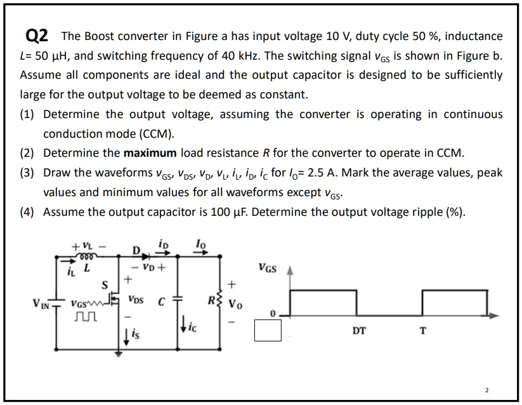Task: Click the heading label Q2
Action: pyautogui.click(x=37, y=36)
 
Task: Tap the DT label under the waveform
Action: pyautogui.click(x=359, y=331)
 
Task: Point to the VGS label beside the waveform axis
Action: pyautogui.click(x=267, y=269)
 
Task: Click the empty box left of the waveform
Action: pyautogui.click(x=268, y=330)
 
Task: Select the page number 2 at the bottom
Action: pyautogui.click(x=486, y=388)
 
